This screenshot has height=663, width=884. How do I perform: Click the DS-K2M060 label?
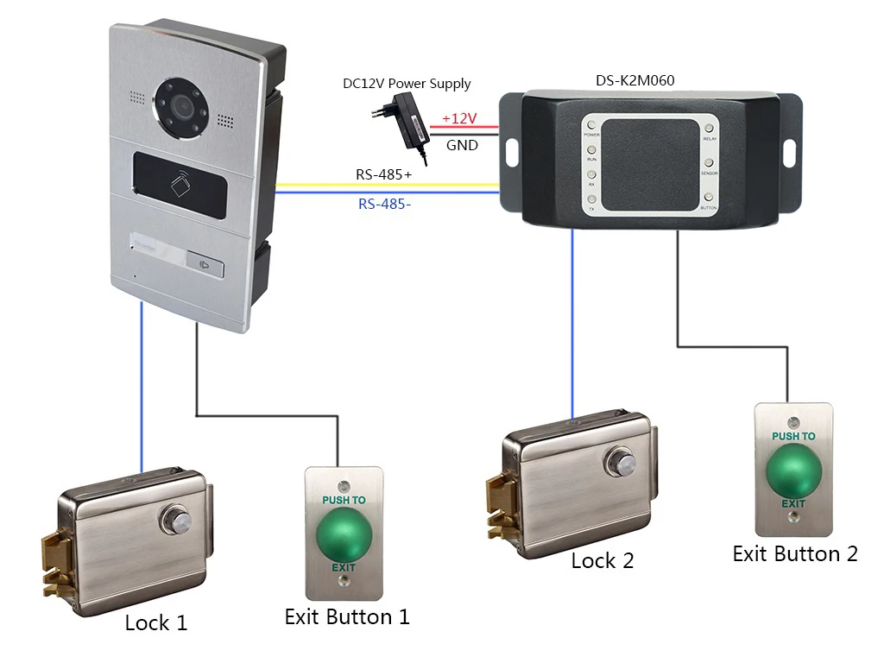click(x=635, y=80)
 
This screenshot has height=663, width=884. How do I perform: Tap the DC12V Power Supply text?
click(x=407, y=84)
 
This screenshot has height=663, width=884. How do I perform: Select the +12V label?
click(x=459, y=118)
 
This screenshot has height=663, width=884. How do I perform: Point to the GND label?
click(x=462, y=146)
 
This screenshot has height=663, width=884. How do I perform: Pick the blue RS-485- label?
click(x=384, y=205)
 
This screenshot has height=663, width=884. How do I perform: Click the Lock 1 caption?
click(x=155, y=622)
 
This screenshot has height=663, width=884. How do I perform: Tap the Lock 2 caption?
click(x=603, y=560)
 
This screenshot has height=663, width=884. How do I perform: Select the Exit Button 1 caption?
click(x=347, y=616)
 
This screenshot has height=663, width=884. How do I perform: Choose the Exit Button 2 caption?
click(x=795, y=553)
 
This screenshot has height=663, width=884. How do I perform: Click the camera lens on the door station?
click(x=181, y=105)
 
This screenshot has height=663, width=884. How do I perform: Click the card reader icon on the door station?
click(x=180, y=185)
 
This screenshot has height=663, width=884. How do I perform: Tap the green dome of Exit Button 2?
click(x=792, y=470)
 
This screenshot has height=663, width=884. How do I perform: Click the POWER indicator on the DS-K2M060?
click(x=592, y=126)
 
